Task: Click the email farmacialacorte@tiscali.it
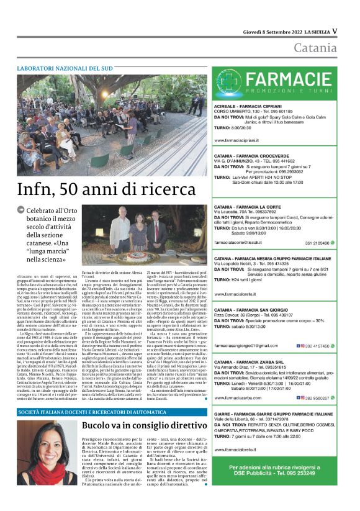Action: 243,242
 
